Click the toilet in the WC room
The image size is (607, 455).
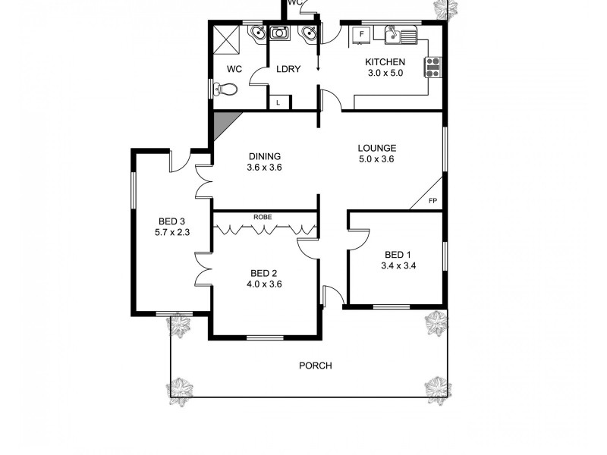tap(226, 89)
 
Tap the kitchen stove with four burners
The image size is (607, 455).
tap(434, 67)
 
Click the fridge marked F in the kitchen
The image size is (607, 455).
tap(361, 34)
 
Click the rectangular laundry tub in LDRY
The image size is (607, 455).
tap(280, 33)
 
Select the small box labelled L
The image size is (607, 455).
tap(278, 102)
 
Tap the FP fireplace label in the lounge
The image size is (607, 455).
tap(432, 201)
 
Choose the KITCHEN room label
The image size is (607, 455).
tap(385, 62)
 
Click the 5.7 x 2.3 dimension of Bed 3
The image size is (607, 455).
tap(167, 233)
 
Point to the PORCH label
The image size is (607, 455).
tap(316, 366)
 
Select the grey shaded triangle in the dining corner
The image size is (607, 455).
tap(222, 122)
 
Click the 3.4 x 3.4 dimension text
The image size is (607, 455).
tap(398, 266)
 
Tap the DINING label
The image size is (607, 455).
tap(265, 156)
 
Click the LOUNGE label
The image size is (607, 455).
tap(377, 148)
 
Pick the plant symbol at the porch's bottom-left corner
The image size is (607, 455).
tap(180, 388)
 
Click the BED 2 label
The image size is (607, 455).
tap(265, 273)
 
